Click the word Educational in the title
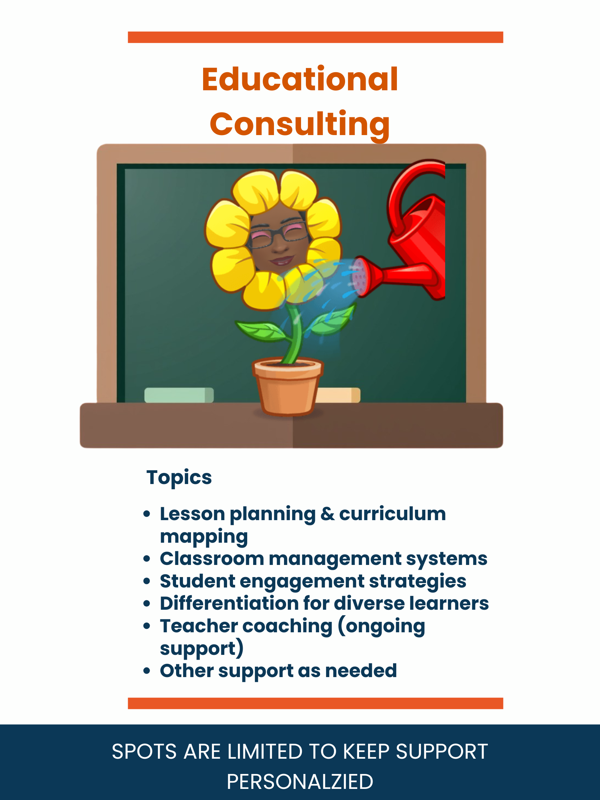(x=300, y=79)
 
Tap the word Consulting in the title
(x=300, y=124)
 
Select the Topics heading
(x=179, y=477)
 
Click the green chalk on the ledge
(x=179, y=395)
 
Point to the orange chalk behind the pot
(x=339, y=395)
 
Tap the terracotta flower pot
(x=287, y=387)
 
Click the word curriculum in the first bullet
(x=392, y=514)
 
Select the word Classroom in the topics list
(x=212, y=559)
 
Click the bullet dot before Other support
(x=147, y=671)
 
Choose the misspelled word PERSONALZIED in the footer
(x=300, y=781)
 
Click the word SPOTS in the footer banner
(x=144, y=751)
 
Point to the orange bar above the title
(x=315, y=37)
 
